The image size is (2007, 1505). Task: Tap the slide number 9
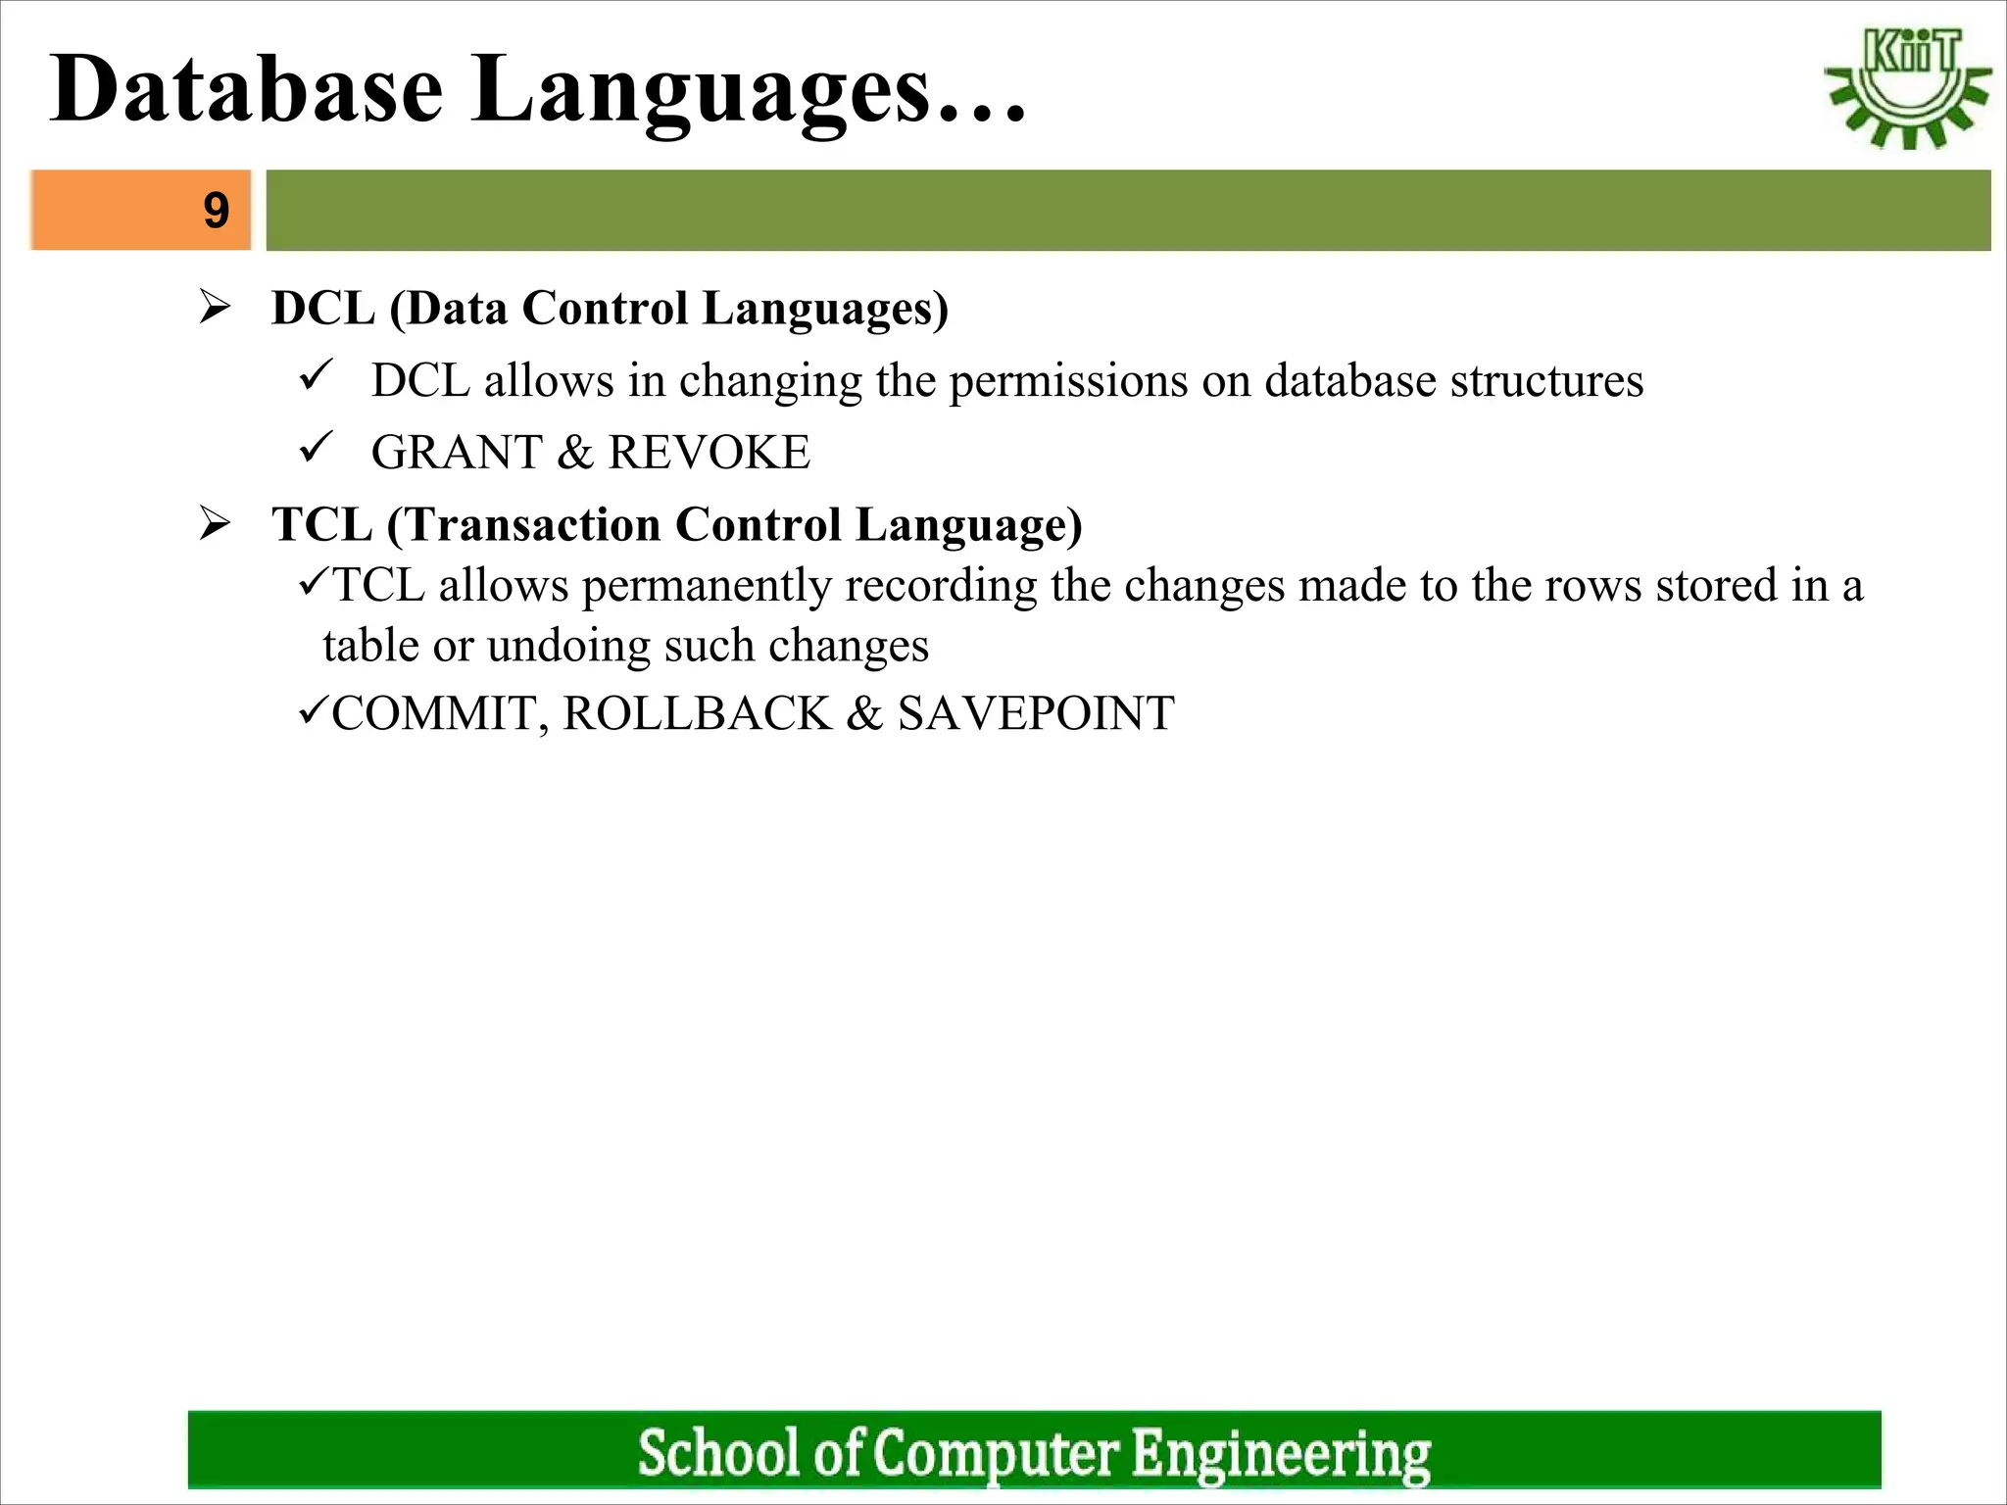coord(216,210)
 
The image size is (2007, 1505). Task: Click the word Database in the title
coord(247,90)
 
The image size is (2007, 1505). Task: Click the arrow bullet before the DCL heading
coord(214,308)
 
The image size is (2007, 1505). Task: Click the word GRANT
coord(457,453)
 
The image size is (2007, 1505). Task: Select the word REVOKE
coord(709,453)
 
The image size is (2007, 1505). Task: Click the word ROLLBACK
coord(697,713)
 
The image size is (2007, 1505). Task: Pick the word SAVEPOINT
coord(1036,713)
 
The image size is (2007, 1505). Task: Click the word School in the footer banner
coord(718,1452)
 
